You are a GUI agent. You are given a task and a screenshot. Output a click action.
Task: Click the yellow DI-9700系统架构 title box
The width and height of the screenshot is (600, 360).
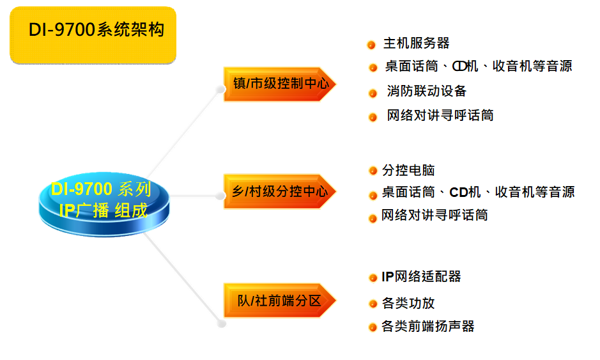click(x=93, y=35)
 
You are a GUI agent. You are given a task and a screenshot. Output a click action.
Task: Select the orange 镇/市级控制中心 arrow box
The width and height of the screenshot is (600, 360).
click(x=280, y=84)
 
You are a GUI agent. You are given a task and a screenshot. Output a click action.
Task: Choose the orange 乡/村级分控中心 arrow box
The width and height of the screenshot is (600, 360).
click(x=280, y=191)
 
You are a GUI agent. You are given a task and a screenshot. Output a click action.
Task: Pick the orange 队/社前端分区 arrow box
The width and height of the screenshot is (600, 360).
click(x=279, y=300)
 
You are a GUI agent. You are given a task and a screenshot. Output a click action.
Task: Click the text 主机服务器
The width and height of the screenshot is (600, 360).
click(x=416, y=43)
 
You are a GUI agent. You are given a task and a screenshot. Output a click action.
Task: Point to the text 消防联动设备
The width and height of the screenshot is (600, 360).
click(x=426, y=91)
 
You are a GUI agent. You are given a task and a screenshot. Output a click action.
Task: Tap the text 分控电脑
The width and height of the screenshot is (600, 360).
click(x=408, y=170)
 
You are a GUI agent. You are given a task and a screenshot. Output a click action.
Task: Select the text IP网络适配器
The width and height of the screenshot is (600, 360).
click(x=421, y=276)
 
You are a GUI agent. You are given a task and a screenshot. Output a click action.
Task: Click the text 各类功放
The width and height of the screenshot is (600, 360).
click(x=408, y=303)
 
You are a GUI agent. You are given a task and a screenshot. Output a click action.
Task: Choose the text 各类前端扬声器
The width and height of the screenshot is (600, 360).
click(x=428, y=326)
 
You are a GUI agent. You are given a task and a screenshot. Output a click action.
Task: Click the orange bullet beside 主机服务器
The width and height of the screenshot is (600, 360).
click(x=371, y=45)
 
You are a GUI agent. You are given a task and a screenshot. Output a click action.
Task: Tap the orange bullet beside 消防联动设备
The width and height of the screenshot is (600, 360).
click(x=373, y=93)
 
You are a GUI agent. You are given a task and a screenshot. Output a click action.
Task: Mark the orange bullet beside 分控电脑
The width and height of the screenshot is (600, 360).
click(x=373, y=171)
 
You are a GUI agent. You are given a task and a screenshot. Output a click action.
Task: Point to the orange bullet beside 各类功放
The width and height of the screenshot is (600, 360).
click(x=373, y=304)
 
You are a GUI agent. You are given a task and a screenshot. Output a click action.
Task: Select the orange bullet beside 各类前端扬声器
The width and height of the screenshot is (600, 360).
click(x=373, y=327)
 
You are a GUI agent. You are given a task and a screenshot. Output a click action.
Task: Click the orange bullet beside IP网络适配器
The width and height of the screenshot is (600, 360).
click(x=373, y=278)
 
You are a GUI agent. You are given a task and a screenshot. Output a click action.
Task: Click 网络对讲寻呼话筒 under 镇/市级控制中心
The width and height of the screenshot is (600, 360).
click(x=440, y=116)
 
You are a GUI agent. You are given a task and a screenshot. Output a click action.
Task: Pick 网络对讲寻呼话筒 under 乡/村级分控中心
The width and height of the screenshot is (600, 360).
click(x=435, y=215)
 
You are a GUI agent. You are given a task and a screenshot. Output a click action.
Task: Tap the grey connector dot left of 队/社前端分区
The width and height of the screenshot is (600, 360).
click(x=221, y=324)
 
